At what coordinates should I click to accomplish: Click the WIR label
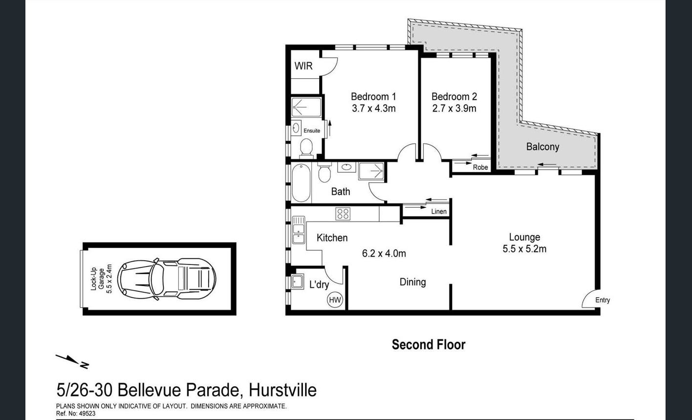click(303, 66)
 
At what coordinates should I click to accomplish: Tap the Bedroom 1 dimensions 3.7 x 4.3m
click(373, 109)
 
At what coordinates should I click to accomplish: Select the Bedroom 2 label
click(454, 97)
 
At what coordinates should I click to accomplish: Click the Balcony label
click(542, 147)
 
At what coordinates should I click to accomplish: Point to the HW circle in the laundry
click(335, 300)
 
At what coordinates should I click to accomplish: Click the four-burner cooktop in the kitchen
click(343, 214)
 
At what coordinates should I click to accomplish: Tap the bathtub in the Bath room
click(301, 183)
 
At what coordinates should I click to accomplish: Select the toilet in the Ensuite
click(306, 148)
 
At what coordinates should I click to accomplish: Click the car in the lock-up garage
click(167, 279)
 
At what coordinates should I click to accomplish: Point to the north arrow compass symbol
click(72, 361)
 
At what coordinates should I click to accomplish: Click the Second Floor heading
click(429, 345)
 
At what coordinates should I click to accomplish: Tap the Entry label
click(603, 300)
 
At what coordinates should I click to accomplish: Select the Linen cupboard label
click(439, 211)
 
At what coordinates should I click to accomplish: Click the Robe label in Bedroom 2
click(480, 167)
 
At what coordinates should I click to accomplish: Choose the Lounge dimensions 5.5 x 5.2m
click(524, 249)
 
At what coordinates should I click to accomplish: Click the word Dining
click(413, 282)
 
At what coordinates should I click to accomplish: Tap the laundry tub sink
click(298, 282)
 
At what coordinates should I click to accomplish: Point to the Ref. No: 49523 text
click(76, 414)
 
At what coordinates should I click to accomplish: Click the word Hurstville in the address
click(282, 390)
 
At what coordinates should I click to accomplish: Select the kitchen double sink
click(299, 230)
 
